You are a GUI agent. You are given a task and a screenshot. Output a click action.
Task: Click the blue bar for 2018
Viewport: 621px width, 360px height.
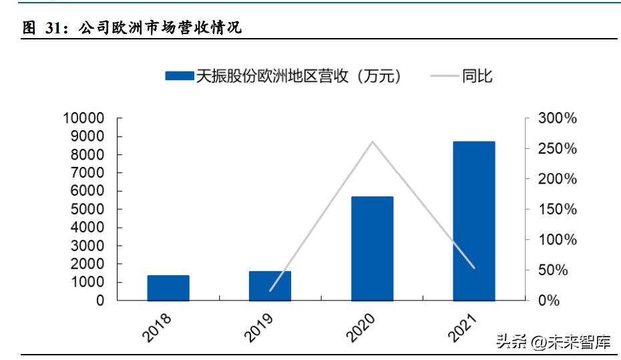click(168, 288)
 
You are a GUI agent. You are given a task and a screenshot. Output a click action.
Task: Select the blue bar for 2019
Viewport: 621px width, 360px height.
click(270, 286)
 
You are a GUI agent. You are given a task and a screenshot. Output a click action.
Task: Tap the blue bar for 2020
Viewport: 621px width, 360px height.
click(372, 248)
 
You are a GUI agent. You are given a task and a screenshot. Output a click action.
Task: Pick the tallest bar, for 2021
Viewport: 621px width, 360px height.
click(473, 221)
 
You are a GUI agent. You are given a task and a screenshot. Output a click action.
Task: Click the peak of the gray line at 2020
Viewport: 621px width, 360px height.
click(372, 142)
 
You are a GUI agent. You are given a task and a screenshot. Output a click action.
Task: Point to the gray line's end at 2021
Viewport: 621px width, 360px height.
click(474, 268)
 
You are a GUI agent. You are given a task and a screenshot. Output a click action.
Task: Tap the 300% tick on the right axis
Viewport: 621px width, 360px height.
click(556, 119)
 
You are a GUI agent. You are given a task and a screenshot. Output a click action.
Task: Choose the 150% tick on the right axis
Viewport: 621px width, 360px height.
click(556, 210)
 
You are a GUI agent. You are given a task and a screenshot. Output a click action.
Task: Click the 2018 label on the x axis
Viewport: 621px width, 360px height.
click(158, 328)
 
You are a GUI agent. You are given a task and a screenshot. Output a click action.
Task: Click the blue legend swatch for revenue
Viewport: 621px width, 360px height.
click(180, 76)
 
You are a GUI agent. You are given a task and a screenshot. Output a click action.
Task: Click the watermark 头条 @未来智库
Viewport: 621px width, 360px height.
click(553, 343)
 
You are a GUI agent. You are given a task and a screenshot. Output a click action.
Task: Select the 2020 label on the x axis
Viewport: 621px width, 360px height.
click(361, 328)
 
